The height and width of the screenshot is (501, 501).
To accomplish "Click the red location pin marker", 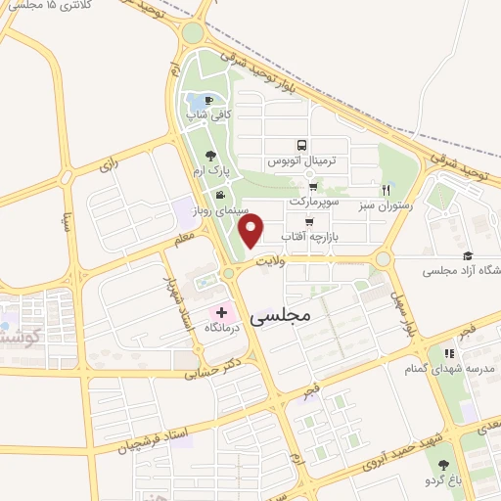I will point(251,231).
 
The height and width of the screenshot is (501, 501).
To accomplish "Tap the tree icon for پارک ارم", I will point(209,155).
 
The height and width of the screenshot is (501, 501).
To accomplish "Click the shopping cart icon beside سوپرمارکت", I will point(312,186).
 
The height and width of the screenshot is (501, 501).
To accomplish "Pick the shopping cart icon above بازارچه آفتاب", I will point(309,222).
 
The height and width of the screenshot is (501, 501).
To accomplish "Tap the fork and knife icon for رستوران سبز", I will point(387,190).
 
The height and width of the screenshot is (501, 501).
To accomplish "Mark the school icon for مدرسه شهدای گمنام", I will point(449,353).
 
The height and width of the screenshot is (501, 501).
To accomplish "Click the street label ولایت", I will point(269,262).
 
